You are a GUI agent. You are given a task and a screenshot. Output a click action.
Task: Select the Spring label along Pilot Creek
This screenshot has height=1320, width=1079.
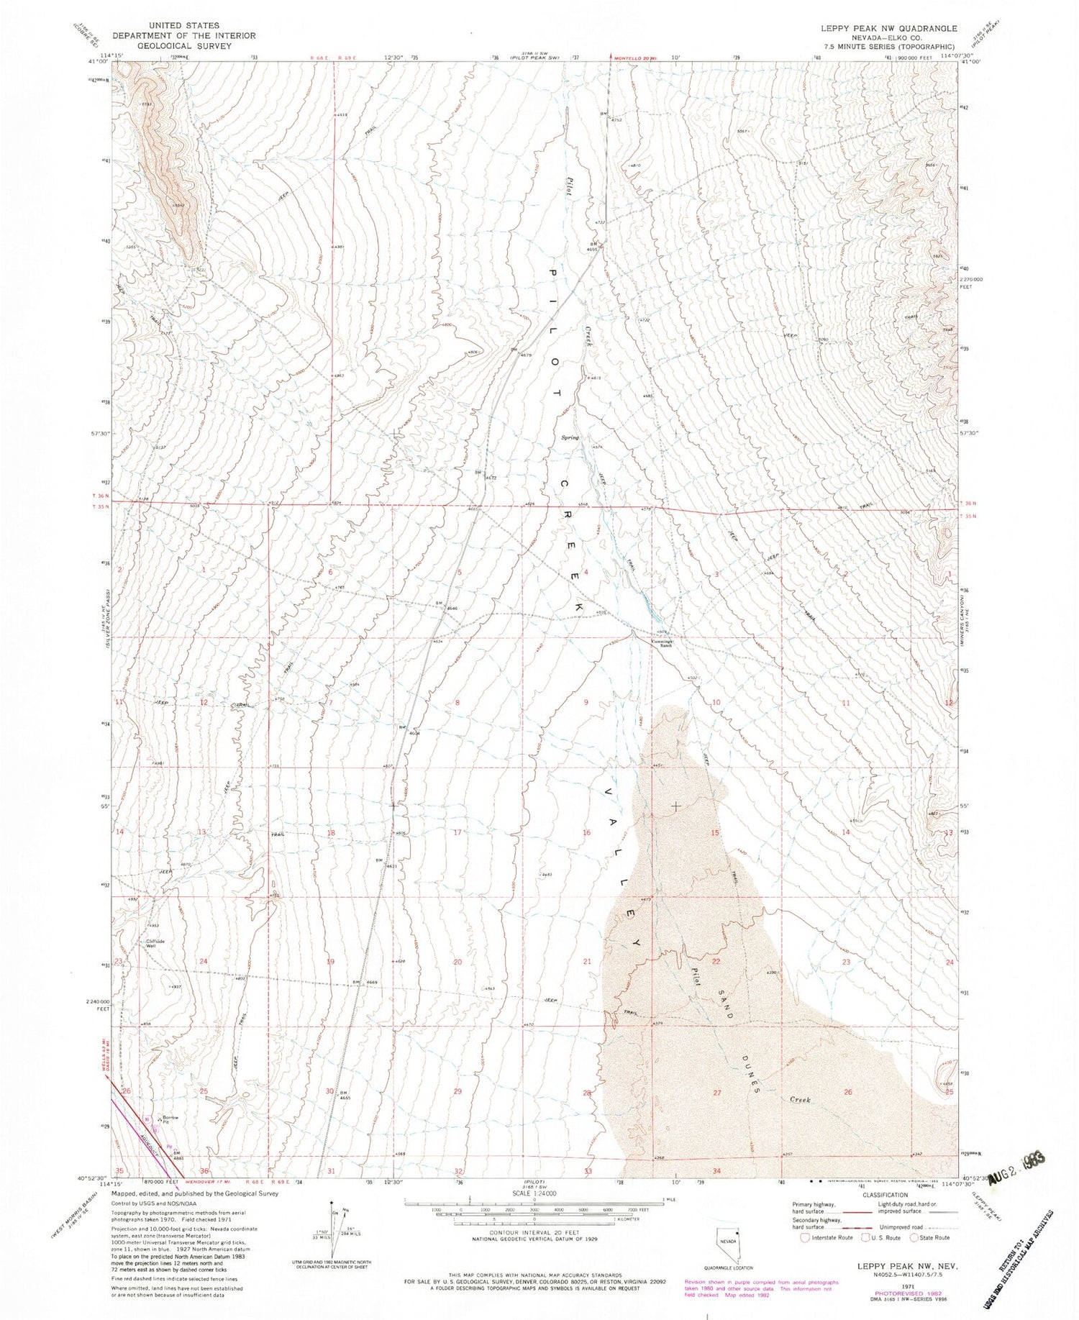point(570,437)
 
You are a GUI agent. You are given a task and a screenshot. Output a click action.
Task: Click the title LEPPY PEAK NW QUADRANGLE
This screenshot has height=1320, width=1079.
point(890,28)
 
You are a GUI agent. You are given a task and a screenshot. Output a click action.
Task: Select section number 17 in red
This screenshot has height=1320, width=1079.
point(457,832)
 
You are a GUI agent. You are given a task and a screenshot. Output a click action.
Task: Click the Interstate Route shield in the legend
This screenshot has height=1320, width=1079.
point(806,1237)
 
